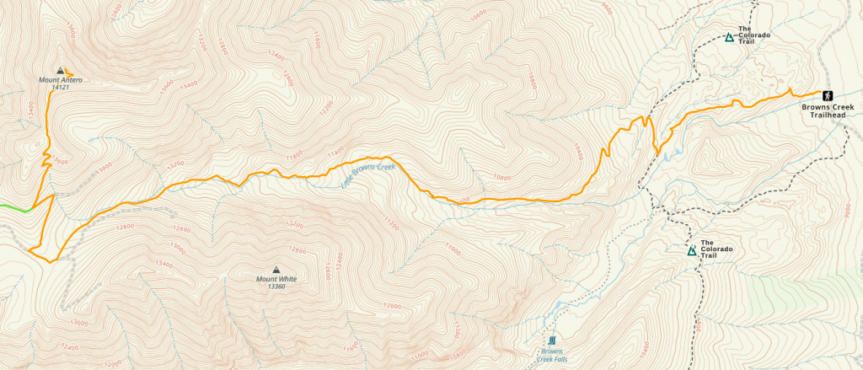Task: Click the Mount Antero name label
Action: coord(60,80)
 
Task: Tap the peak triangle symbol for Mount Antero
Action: coord(59,71)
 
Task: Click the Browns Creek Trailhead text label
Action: coord(827,111)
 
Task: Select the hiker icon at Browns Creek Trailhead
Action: coord(828,94)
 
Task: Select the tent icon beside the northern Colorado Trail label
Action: coord(730,37)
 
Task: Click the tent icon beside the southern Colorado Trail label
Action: coord(692,250)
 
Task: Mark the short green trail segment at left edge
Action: coord(15,207)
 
